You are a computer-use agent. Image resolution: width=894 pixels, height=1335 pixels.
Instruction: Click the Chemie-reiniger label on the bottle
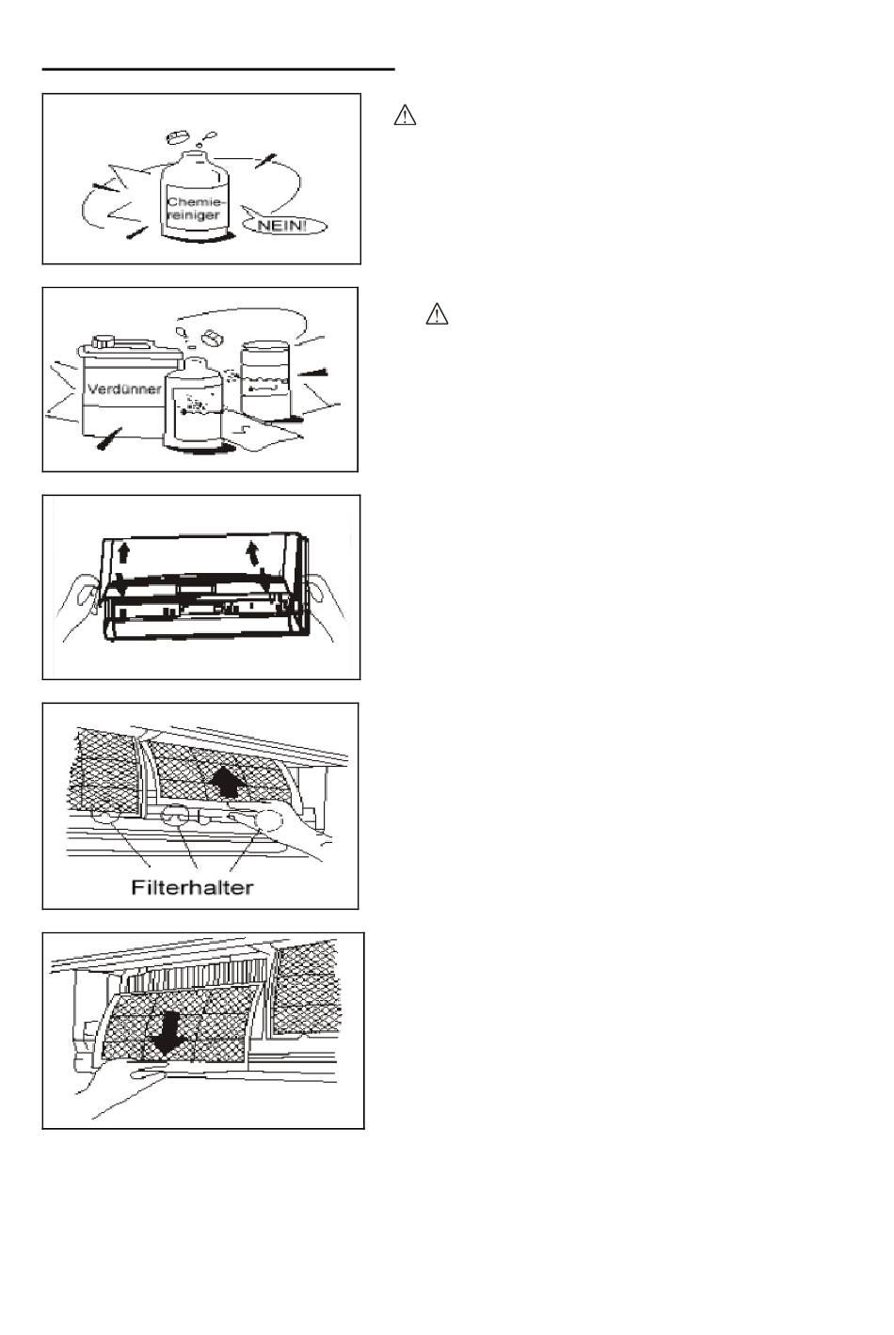click(x=195, y=208)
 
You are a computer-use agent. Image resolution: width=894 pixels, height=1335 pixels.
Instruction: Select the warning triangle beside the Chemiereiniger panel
click(x=405, y=117)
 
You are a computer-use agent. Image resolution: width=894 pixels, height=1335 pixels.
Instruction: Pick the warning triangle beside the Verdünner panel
click(x=437, y=314)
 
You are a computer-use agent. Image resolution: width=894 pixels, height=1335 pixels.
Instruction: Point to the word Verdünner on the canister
click(x=123, y=389)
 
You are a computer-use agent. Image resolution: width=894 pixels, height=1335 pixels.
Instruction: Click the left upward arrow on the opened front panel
click(x=122, y=552)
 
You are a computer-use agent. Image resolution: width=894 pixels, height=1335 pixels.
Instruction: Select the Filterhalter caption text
click(x=192, y=887)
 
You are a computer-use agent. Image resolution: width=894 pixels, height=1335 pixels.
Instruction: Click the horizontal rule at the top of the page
click(x=218, y=69)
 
